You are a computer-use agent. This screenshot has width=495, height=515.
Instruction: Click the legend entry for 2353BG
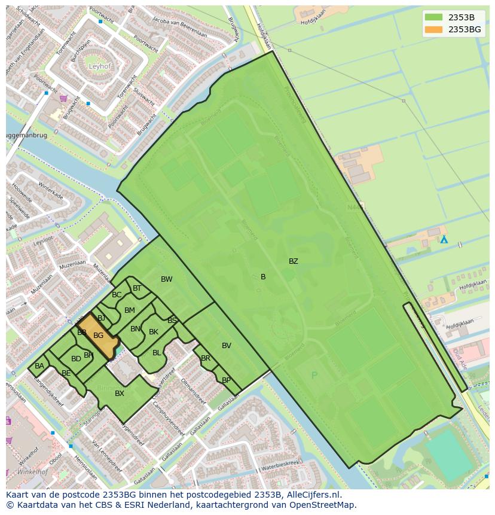465,29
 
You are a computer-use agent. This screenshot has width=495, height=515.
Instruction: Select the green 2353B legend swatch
433,17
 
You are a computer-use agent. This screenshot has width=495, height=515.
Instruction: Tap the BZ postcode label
293,261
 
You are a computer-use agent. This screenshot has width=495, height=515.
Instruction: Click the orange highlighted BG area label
98,336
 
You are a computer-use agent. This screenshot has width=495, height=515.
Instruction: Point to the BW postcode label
166,279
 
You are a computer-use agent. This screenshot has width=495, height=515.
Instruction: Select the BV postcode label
226,346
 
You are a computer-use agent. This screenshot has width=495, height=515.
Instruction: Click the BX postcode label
120,393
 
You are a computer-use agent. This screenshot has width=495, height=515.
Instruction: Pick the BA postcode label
39,366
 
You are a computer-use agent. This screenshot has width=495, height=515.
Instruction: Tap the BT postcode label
137,288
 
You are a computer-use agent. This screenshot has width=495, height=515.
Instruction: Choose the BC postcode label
117,295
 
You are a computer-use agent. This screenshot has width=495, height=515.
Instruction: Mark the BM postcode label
129,310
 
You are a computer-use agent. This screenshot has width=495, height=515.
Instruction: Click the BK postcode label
154,332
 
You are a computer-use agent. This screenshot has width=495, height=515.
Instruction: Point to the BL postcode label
157,353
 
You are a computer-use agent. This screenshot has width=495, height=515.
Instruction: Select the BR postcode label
206,358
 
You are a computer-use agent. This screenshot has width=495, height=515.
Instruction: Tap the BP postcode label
226,380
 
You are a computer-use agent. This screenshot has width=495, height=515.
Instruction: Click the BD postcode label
76,359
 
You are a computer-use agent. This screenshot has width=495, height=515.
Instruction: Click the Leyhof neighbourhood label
100,66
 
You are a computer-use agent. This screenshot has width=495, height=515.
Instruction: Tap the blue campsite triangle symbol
444,239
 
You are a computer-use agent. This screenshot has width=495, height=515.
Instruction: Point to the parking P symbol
314,376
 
